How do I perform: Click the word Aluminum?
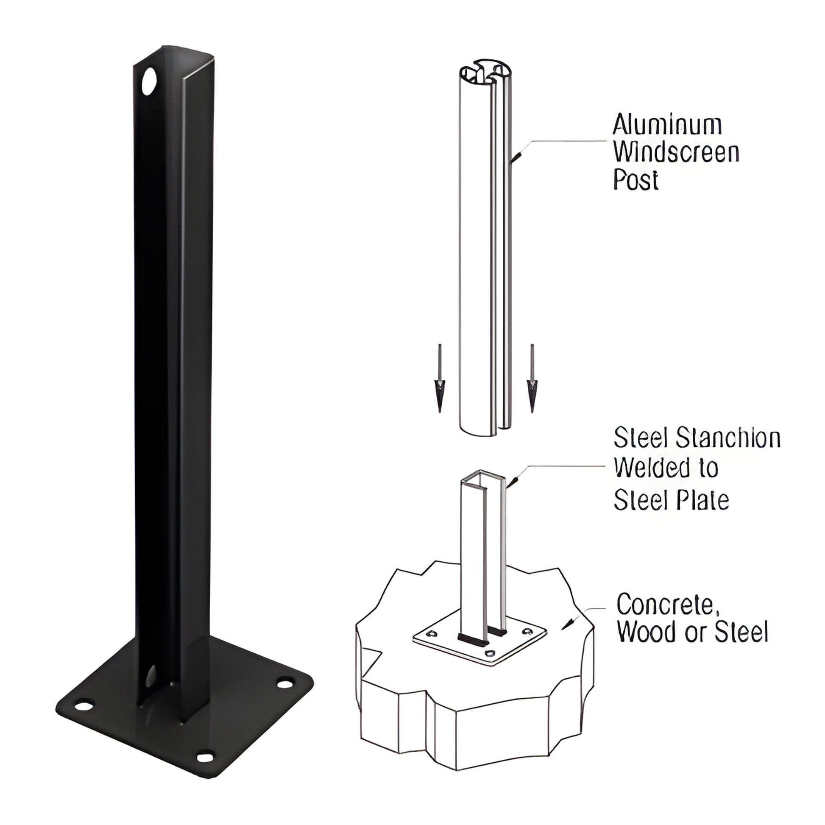(x=667, y=125)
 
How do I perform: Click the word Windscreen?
(x=676, y=153)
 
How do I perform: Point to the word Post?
(x=636, y=180)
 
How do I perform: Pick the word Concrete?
(x=665, y=604)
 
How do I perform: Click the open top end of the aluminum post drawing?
(x=485, y=71)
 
